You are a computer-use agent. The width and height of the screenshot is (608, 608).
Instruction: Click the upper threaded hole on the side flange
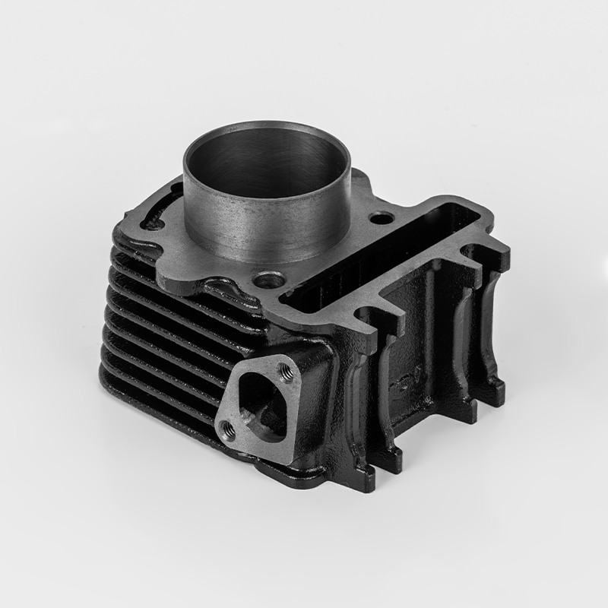pos(287,371)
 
